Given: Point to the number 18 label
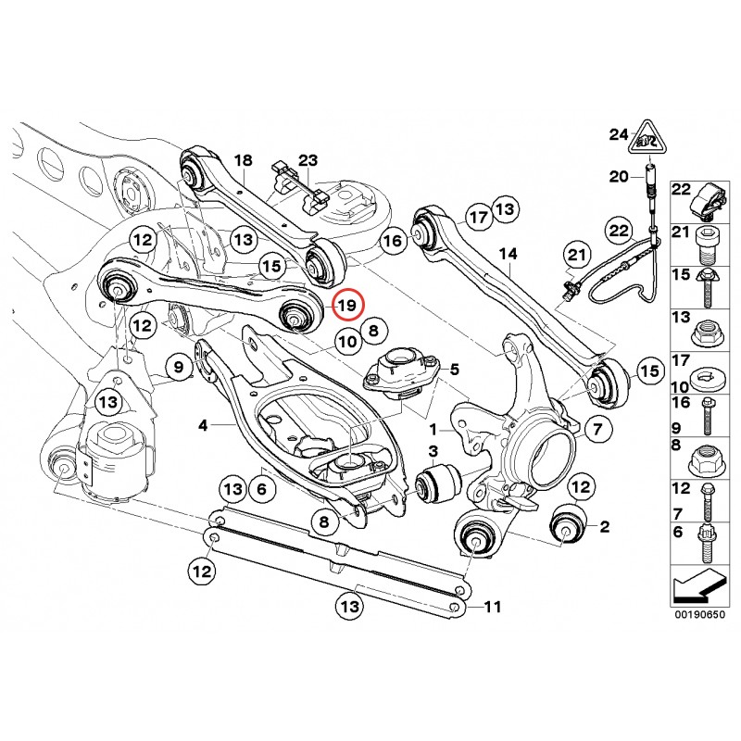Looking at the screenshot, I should (243, 161).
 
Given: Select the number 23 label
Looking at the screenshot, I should (308, 159).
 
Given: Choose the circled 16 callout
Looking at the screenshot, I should (394, 241).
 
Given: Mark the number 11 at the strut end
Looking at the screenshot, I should (492, 608).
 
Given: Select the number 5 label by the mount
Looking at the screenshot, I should (454, 370).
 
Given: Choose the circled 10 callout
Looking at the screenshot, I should (345, 342).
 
